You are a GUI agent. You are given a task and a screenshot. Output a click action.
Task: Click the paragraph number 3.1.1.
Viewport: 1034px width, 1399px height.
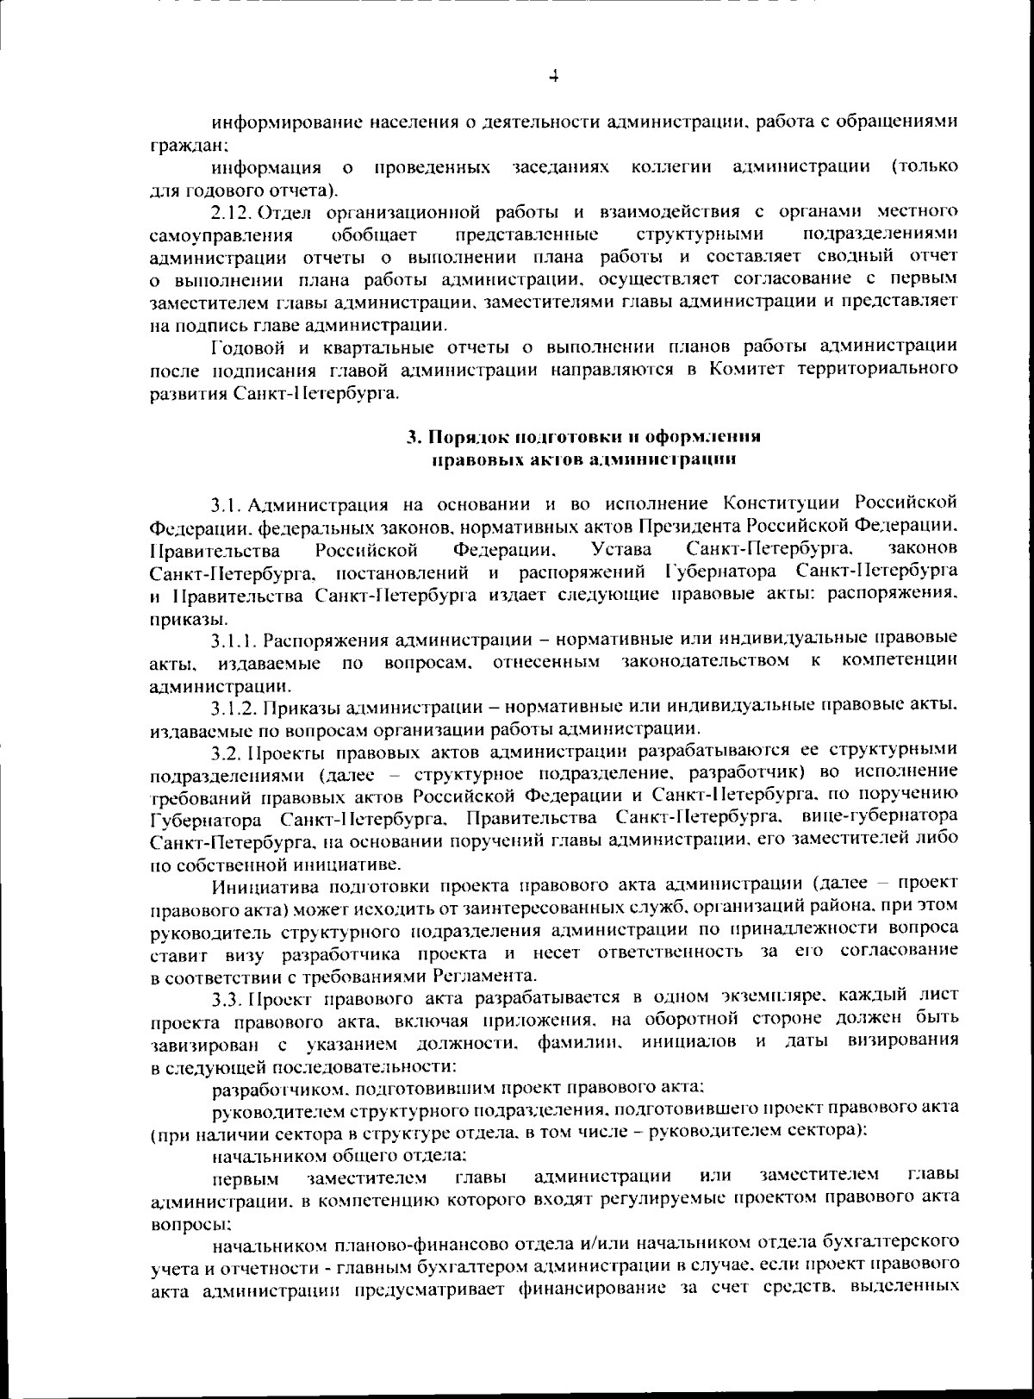tap(234, 640)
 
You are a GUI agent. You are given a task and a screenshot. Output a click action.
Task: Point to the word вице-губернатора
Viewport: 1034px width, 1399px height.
tap(880, 815)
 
